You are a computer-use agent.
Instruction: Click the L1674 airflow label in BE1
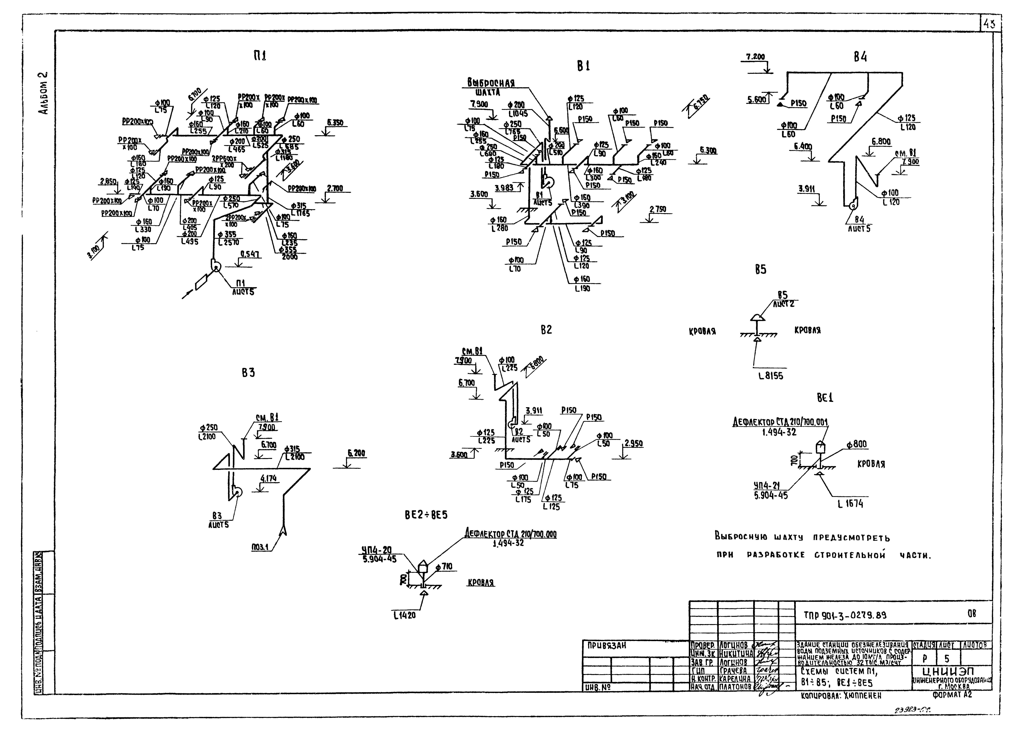click(850, 504)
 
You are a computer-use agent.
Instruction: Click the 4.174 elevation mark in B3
click(268, 479)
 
